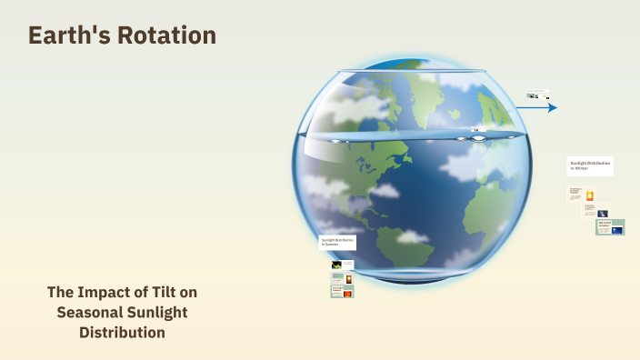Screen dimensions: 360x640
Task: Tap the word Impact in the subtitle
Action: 111,292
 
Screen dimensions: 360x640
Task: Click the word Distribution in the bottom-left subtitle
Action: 122,332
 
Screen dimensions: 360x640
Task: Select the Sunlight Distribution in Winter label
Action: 590,165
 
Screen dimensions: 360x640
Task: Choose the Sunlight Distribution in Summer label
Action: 336,243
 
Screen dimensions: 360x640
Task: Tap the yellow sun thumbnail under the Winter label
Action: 590,195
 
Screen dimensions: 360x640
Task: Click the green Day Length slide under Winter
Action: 610,227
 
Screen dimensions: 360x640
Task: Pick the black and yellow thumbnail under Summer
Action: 336,265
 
